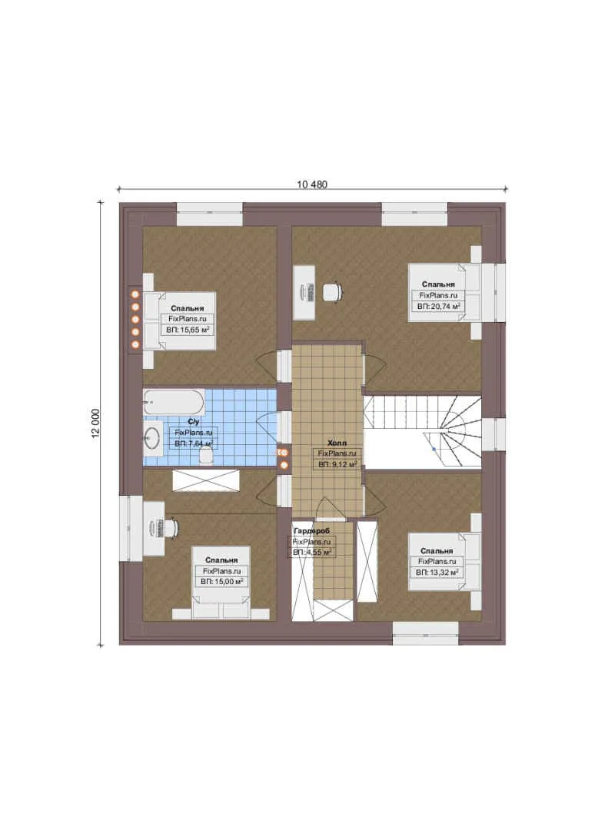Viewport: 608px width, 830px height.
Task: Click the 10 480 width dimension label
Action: click(x=312, y=184)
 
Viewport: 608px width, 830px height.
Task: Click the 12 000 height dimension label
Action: click(x=96, y=423)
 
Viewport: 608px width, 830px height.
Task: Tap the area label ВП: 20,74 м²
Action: click(x=439, y=307)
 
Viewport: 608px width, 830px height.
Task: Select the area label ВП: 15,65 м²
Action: click(x=188, y=330)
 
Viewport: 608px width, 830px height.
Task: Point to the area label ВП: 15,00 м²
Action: click(x=222, y=582)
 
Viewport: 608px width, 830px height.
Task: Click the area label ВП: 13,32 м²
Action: click(x=437, y=573)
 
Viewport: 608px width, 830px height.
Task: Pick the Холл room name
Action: click(x=337, y=443)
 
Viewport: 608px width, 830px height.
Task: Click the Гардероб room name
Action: click(x=311, y=531)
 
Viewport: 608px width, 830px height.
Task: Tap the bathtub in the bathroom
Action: click(x=174, y=403)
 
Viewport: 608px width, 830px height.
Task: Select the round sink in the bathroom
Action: click(x=153, y=437)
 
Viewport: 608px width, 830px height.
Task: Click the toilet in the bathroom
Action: click(x=205, y=455)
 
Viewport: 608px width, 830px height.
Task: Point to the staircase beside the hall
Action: click(x=423, y=432)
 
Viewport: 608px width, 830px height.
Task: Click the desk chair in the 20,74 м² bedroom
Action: click(x=332, y=292)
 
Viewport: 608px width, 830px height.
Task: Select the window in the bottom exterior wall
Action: click(x=426, y=633)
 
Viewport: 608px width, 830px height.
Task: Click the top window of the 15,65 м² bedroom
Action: click(x=210, y=214)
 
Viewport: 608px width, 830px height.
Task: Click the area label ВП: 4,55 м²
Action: click(x=312, y=553)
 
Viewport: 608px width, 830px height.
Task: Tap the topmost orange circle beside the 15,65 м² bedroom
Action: click(x=135, y=294)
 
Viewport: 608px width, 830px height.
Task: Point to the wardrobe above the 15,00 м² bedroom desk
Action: click(x=206, y=480)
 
